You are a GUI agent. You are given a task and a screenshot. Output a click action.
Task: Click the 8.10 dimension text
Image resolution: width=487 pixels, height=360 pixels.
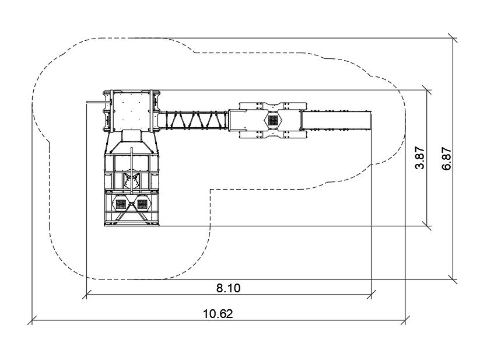[228, 287]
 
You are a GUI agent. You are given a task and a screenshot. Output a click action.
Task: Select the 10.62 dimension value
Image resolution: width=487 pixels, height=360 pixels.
[218, 313]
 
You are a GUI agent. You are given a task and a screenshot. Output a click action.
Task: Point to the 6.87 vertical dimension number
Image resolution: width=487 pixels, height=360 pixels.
[447, 158]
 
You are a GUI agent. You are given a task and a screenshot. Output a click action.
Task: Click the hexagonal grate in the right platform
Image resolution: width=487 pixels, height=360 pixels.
[273, 120]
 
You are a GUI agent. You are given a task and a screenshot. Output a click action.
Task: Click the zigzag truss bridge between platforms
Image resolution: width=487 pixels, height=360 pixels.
[194, 120]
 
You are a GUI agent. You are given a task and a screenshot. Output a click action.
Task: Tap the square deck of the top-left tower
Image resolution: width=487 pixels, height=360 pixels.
[132, 110]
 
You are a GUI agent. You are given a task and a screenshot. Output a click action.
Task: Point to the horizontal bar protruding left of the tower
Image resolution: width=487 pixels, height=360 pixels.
[95, 104]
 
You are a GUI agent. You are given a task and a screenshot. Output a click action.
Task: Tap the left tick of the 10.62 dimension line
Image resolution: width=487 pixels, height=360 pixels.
[32, 320]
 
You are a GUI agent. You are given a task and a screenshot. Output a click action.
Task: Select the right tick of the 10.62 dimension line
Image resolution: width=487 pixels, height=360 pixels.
[406, 320]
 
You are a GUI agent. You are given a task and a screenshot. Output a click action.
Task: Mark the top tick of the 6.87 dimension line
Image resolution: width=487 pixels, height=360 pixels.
[453, 38]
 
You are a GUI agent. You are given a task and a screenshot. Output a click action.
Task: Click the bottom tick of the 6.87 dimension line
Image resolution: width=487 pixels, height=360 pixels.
[453, 279]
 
